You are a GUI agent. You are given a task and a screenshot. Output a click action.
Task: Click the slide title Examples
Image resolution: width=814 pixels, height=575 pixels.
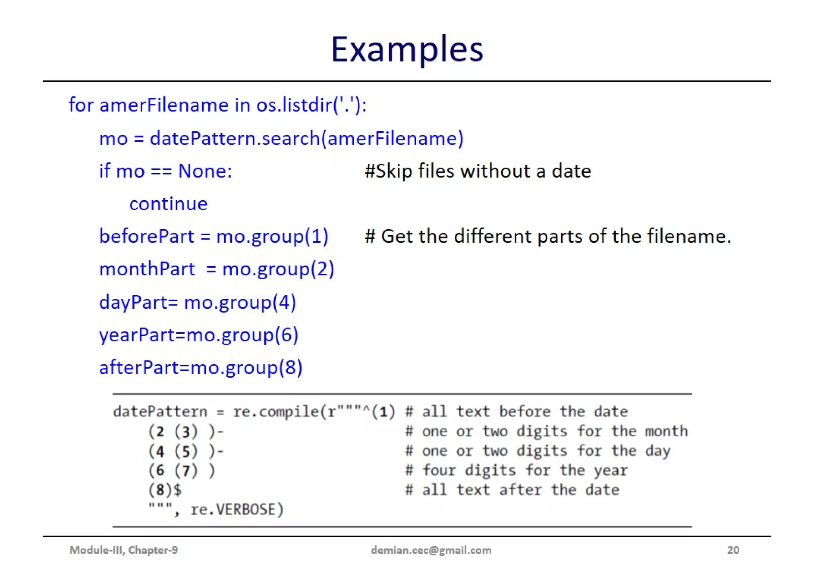407,49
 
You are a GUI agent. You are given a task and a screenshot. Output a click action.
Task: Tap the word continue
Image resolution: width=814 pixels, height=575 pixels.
168,204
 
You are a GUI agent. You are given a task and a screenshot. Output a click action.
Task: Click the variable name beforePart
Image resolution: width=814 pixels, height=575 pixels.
146,236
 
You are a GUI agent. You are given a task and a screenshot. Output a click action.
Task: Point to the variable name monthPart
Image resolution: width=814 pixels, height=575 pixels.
147,269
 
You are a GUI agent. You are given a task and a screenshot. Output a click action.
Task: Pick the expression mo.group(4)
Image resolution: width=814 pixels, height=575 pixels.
240,302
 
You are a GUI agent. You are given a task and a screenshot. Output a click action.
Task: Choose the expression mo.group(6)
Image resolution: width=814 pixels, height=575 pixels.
242,335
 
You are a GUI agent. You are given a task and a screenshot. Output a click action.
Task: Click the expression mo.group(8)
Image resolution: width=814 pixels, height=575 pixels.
246,368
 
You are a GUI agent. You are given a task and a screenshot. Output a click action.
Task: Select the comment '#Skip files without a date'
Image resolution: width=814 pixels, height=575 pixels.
477,171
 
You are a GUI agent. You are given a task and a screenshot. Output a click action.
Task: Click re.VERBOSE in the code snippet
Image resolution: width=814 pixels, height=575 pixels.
237,509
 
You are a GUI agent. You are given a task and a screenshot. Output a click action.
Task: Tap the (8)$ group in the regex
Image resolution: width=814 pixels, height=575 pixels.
165,490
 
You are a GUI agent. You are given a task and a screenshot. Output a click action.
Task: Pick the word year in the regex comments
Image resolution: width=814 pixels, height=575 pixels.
611,470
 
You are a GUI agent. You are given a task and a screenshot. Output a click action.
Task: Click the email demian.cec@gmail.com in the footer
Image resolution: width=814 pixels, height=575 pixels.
431,550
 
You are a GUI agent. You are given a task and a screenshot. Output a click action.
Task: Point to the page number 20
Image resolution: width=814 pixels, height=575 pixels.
733,550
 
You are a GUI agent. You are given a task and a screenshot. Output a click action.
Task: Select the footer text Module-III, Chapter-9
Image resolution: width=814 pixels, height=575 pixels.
124,550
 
